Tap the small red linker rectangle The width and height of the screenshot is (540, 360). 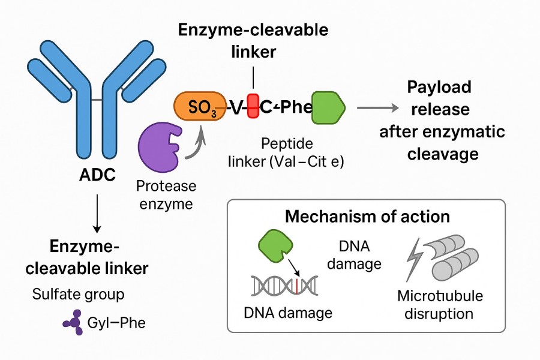tap(253, 107)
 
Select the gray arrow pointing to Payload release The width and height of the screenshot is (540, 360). tap(377, 108)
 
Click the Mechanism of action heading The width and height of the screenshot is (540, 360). tap(367, 216)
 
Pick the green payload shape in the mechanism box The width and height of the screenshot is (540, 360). tap(275, 247)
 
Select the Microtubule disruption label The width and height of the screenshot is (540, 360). tap(440, 305)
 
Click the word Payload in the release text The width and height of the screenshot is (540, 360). tap(439, 88)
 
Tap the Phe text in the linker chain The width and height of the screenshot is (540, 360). tap(292, 108)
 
